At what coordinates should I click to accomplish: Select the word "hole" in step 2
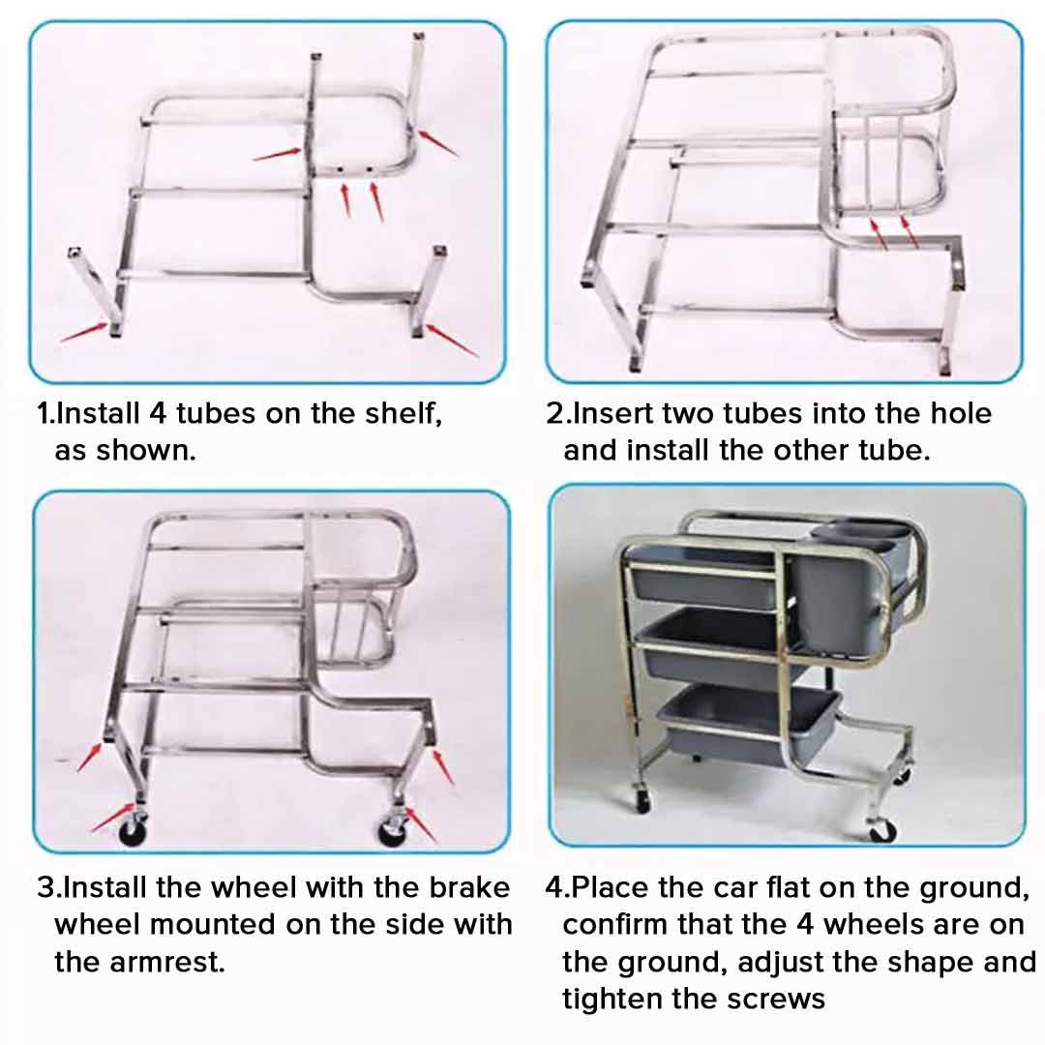pyautogui.click(x=957, y=414)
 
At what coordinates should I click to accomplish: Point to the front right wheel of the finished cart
pyautogui.click(x=881, y=831)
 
